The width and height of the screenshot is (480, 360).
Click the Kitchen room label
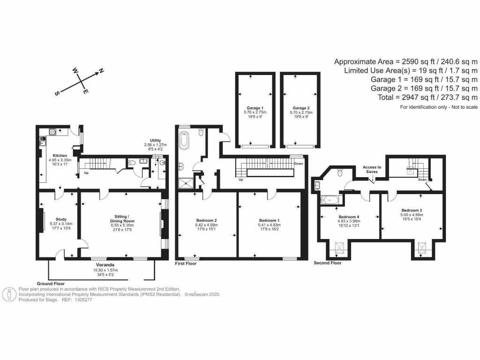point(60,155)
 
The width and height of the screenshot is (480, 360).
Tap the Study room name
point(61,219)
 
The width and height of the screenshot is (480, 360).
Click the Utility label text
point(156,140)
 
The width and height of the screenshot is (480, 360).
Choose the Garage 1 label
point(255,108)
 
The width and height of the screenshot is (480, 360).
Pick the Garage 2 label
point(301,108)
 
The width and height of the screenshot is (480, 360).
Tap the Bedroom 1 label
point(269,220)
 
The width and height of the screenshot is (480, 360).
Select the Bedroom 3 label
point(411,210)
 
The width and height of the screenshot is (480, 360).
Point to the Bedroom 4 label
point(349,217)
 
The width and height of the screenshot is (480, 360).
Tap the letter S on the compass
point(57,93)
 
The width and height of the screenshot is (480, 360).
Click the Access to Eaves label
point(372,169)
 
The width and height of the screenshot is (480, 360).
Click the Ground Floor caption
point(51,284)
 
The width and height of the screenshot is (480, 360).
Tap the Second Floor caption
point(328,263)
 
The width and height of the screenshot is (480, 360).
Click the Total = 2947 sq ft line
point(427,97)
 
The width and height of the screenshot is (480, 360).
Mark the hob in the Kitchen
point(52,131)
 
